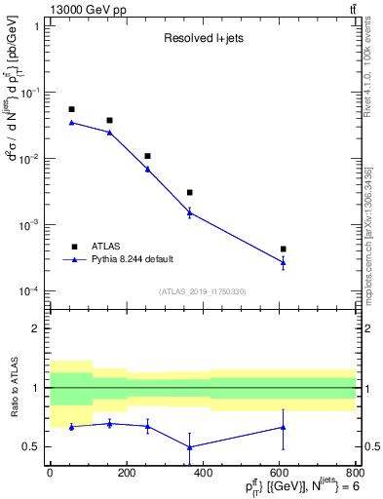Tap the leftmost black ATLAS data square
(x=71, y=109)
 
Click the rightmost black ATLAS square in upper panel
(x=283, y=249)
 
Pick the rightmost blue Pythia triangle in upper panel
(x=283, y=262)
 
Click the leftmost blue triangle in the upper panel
(x=71, y=122)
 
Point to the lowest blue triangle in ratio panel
(x=189, y=447)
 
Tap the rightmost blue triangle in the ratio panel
(x=283, y=427)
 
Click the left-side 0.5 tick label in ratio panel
(x=31, y=447)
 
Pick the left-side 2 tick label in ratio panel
(x=36, y=328)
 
